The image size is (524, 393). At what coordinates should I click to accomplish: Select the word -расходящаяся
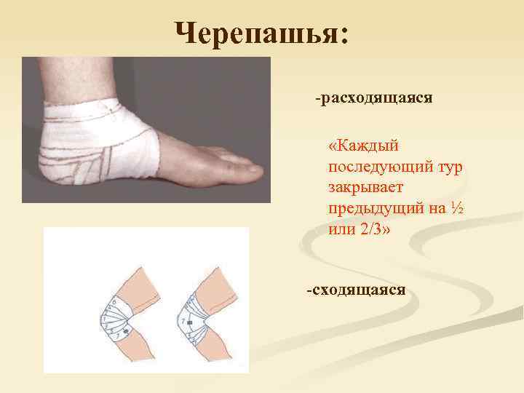[374, 97]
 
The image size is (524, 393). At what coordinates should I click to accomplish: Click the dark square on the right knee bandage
[189, 322]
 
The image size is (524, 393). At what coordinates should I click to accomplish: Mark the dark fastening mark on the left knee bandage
[124, 331]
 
